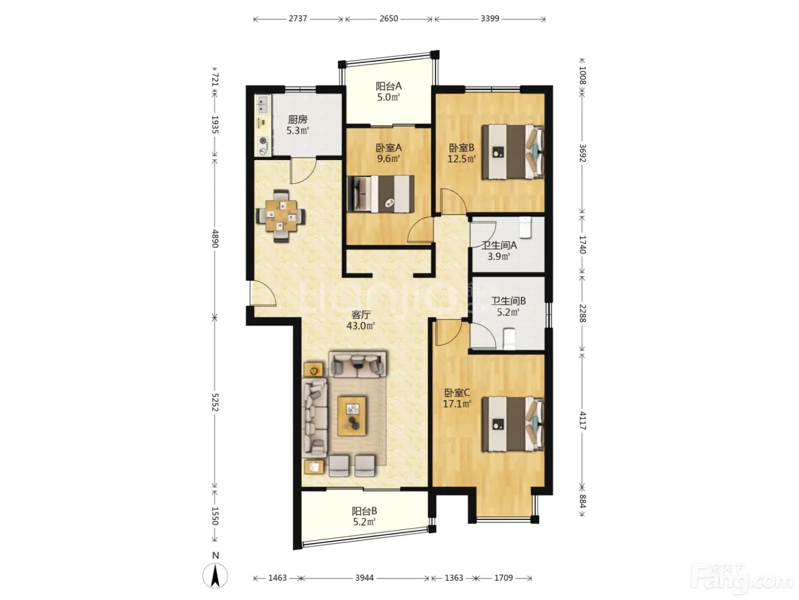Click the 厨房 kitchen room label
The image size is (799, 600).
pyautogui.click(x=297, y=119)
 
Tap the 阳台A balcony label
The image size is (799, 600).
pyautogui.click(x=389, y=86)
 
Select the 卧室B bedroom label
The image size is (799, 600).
pyautogui.click(x=462, y=148)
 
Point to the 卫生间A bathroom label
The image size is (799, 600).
pyautogui.click(x=499, y=245)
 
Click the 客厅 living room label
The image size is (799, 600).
pyautogui.click(x=361, y=314)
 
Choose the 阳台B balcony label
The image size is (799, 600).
pyautogui.click(x=364, y=511)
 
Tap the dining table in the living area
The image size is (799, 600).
pyautogui.click(x=281, y=216)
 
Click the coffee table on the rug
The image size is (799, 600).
pyautogui.click(x=352, y=416)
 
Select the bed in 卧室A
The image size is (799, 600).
pyautogui.click(x=381, y=194)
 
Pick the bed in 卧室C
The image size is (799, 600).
pyautogui.click(x=513, y=424)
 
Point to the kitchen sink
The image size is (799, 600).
pyautogui.click(x=262, y=104)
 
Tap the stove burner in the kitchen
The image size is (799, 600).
pyautogui.click(x=263, y=141)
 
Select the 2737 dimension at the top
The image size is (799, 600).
pyautogui.click(x=298, y=19)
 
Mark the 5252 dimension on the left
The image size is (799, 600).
pyautogui.click(x=215, y=402)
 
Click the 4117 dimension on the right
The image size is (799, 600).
pyautogui.click(x=582, y=421)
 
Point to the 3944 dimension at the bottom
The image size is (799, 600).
pyautogui.click(x=364, y=578)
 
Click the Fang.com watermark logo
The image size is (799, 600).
pyautogui.click(x=742, y=581)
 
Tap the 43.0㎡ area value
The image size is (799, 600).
pyautogui.click(x=360, y=325)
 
